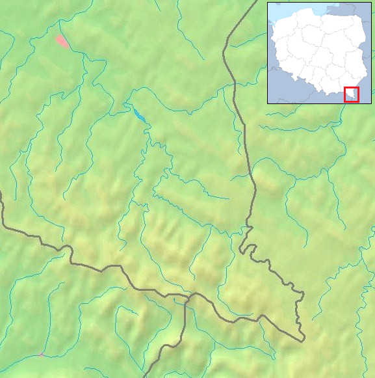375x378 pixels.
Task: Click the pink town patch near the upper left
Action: (62, 42)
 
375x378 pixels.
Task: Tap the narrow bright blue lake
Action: (140, 115)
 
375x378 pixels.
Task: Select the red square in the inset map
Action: (351, 94)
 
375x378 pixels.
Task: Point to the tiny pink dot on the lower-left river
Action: (42, 355)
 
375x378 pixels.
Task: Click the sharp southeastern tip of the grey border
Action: (303, 340)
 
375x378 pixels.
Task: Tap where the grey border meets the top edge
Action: (256, 1)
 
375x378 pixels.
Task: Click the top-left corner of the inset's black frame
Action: (268, 2)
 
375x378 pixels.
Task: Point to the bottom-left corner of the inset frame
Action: (268, 103)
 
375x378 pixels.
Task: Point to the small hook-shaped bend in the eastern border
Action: (242, 249)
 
